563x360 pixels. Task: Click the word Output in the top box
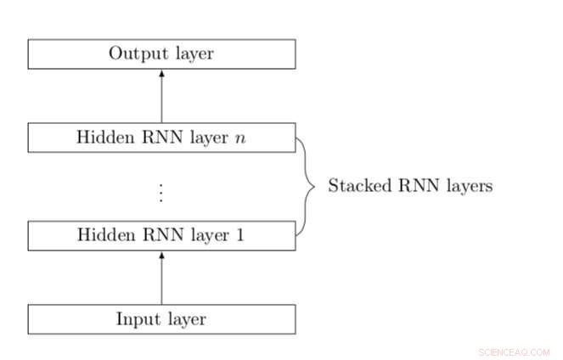[132, 53]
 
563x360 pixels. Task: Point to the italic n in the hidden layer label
[240, 138]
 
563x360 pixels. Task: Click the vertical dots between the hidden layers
[161, 194]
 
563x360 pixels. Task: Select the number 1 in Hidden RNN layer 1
[240, 235]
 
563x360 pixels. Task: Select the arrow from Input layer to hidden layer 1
[161, 278]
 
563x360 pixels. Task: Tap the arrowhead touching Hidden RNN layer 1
[161, 255]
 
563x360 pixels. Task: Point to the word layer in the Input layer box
[184, 319]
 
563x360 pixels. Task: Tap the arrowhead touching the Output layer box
[161, 73]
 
